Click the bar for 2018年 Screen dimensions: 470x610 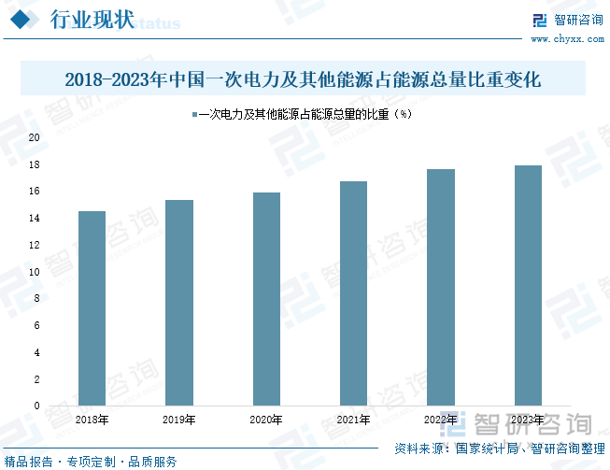92,308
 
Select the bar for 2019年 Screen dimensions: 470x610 178,303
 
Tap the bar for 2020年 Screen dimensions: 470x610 266,299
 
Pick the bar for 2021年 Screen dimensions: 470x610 353,293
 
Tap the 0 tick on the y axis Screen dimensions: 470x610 36,406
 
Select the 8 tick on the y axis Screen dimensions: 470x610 36,299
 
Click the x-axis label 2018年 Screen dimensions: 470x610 92,420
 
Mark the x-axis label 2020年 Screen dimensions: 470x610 266,420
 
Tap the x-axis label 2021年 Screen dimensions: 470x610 353,420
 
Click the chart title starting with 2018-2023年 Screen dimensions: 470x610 305,79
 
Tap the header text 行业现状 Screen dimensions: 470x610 90,20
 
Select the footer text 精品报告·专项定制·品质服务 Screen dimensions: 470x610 91,462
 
